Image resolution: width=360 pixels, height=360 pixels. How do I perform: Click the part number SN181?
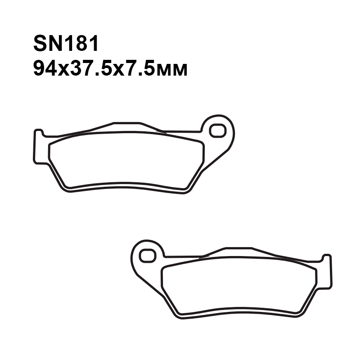(x=66, y=43)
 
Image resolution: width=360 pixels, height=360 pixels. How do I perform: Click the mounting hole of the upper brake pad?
(x=218, y=130)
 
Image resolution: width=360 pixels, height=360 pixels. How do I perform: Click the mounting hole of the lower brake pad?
(x=148, y=256)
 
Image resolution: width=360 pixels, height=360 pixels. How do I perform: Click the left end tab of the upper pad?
(x=39, y=147)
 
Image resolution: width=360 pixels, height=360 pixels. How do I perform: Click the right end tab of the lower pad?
(x=327, y=272)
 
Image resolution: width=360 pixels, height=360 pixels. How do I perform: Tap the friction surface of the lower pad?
(x=239, y=285)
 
